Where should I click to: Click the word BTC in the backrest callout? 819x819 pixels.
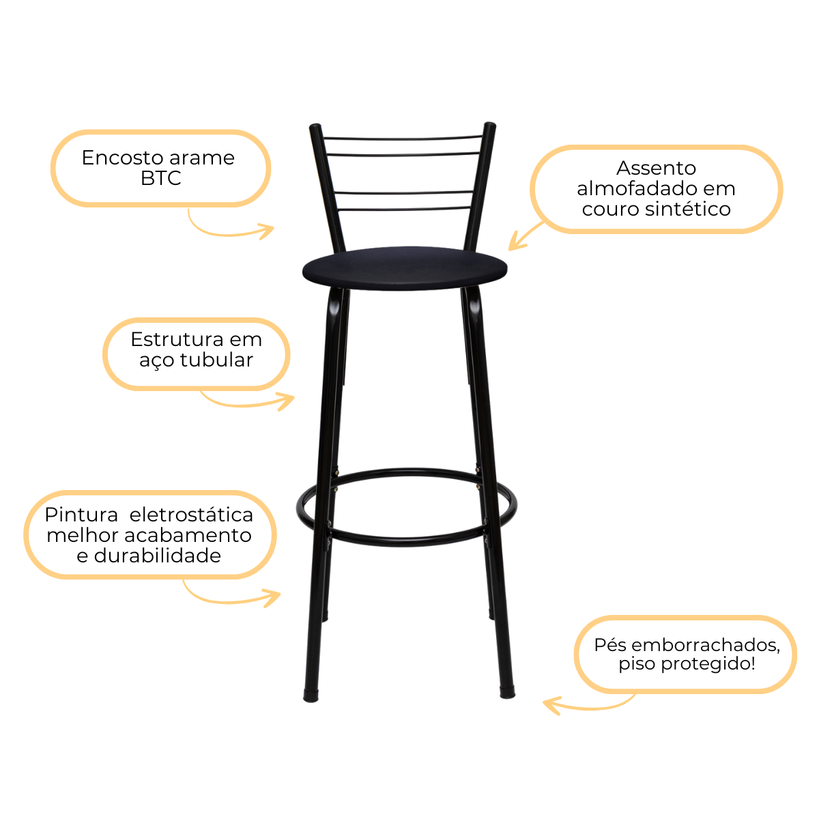pos(161,179)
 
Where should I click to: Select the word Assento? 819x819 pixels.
pos(656,168)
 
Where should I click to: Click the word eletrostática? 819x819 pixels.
pos(191,515)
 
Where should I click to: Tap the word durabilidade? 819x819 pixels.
pos(158,556)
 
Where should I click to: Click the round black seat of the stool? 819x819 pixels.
pos(405,268)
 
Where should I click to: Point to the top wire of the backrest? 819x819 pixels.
pos(403,138)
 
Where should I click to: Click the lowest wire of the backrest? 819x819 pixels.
pos(403,209)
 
